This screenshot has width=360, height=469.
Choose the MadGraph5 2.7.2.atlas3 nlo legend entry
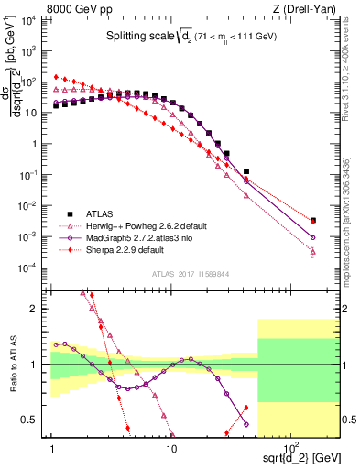[142, 236]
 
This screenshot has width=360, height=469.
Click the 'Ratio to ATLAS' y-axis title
[13, 364]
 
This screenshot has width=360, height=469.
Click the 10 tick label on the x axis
[170, 447]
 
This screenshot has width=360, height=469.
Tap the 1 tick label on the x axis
[53, 447]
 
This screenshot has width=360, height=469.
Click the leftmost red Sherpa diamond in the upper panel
[56, 77]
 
